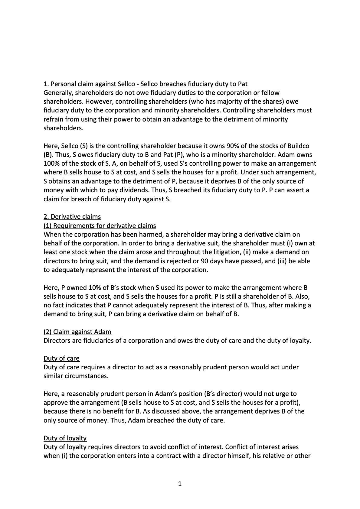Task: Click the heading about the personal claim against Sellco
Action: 146,84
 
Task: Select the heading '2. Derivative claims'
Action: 72,217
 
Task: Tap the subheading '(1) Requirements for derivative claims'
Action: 100,225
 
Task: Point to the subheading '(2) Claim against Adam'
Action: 77,332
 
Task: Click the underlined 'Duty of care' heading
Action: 61,358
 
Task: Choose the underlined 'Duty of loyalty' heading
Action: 65,438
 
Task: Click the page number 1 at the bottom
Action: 180,484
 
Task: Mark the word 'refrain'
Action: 53,119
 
